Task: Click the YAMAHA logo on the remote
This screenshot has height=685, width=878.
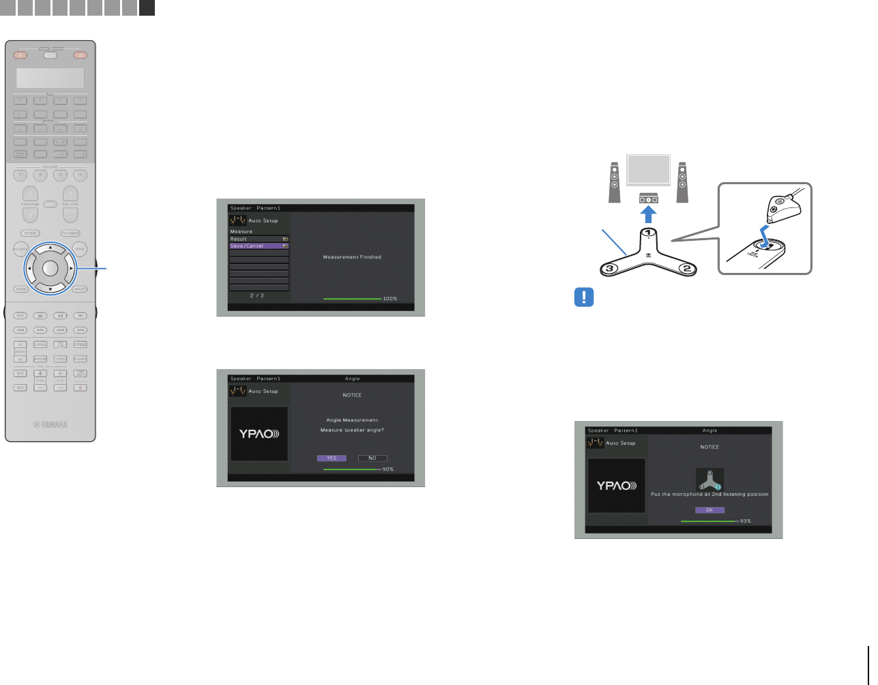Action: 51,424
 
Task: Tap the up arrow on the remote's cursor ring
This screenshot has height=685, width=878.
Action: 50,247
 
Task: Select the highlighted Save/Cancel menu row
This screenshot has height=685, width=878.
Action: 259,246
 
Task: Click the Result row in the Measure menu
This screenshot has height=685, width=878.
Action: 259,239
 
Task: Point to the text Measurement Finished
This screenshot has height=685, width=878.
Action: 352,257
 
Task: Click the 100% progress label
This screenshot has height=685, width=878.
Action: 390,299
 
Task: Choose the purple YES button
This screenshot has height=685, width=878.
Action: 332,458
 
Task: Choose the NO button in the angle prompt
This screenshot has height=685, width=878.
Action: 372,458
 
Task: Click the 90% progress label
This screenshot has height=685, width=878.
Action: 388,469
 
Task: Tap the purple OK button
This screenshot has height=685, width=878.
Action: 709,510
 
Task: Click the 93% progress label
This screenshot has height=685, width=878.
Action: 746,521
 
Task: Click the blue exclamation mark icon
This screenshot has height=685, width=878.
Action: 584,297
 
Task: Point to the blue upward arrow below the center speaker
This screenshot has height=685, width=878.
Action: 649,214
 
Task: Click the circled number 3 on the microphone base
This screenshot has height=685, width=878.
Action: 611,269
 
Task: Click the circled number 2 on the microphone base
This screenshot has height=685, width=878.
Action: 687,269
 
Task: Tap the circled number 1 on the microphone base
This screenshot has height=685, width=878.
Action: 648,233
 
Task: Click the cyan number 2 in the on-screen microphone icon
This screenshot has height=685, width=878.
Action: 718,486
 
